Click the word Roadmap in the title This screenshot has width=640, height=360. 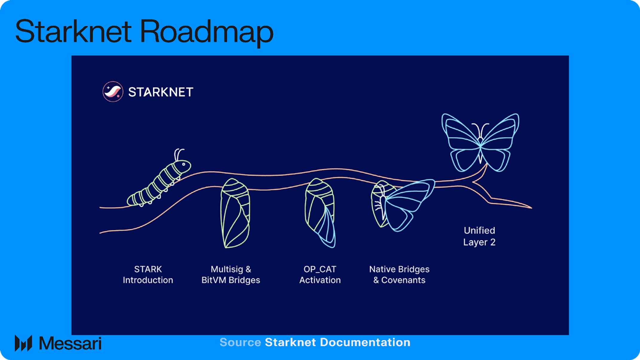pos(206,31)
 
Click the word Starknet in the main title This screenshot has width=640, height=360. pos(73,31)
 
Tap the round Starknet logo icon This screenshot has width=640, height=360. pos(113,91)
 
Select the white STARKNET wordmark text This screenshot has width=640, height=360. pos(161,92)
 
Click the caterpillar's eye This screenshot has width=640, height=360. pos(184,164)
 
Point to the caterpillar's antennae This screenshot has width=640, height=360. pos(179,154)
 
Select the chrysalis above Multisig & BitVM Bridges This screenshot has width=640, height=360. pos(235,214)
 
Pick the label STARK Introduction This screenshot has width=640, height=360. pos(148,275)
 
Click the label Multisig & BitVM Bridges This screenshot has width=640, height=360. pos(231,275)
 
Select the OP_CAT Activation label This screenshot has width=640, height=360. pos(320,275)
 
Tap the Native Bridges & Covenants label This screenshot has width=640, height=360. pos(399,275)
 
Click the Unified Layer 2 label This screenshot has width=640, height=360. pos(479,236)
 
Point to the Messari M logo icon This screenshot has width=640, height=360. pos(23,343)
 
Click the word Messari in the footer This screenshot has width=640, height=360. pos(70,344)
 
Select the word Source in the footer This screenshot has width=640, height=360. pos(240,342)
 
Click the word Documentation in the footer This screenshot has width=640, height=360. pos(365,342)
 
